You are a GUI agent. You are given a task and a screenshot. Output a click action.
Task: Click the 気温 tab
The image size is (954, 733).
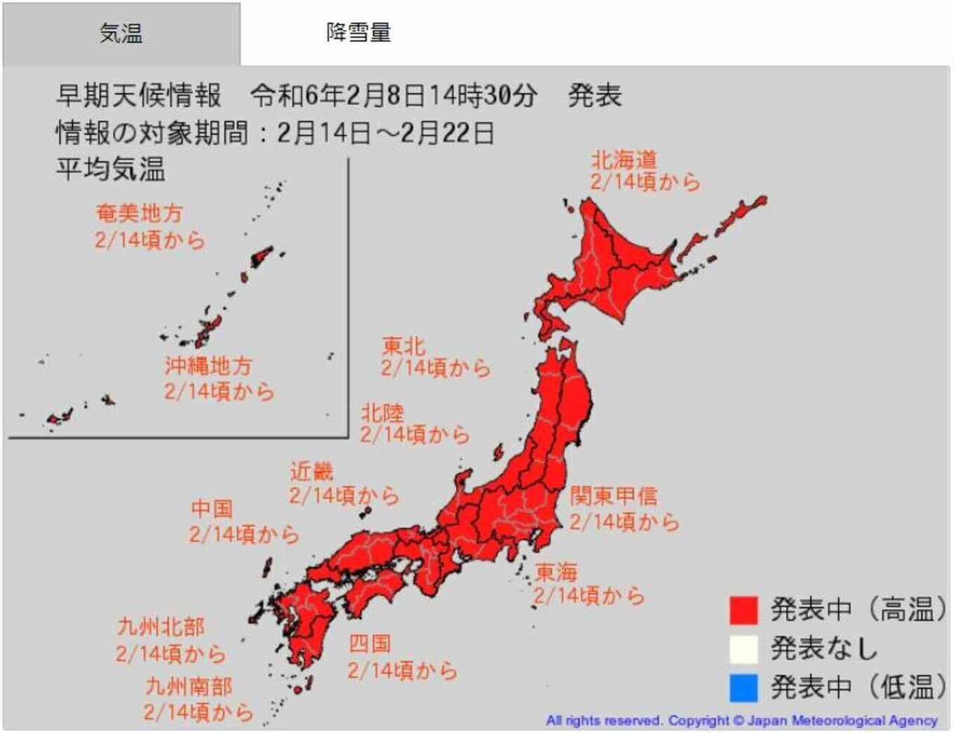pos(121,34)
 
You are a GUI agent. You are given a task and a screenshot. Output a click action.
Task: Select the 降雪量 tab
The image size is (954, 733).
pos(358,32)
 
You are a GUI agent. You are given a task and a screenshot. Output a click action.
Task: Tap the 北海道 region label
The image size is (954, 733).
pos(624,159)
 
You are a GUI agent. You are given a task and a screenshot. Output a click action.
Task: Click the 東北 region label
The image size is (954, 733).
pos(403,346)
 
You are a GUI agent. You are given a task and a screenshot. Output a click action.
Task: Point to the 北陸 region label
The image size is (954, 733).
pos(382,412)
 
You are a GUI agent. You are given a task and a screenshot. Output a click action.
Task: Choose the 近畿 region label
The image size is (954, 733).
pos(312,472)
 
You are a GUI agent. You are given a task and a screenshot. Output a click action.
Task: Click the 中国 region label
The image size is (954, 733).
pos(212,509)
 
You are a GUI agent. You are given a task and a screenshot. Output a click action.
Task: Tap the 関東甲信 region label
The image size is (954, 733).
pos(613,496)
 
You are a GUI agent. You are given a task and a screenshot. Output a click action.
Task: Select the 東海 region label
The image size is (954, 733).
pos(556,572)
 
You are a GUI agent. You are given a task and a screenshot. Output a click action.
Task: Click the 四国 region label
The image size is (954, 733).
pos(370,644)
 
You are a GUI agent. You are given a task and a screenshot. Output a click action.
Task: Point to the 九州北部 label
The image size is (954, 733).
pos(161,627)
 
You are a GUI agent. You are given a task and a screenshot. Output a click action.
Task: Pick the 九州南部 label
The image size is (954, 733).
pos(189,686)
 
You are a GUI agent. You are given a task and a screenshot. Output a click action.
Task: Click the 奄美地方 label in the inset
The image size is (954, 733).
pos(139,214)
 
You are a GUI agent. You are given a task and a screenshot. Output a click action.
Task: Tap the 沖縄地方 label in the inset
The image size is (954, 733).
pos(209,366)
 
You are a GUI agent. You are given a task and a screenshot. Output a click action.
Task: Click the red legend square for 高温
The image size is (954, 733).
pos(743,610)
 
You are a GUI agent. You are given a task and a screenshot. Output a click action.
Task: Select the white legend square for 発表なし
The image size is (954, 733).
pos(743,649)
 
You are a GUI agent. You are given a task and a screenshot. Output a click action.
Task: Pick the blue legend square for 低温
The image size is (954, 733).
pos(743,687)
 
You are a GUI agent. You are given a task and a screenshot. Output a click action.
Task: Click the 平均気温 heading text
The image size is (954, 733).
pos(110,169)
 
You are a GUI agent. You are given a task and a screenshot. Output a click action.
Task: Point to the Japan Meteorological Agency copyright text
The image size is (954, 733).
pos(741,720)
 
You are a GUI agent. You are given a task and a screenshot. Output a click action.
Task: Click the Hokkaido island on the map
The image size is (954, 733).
pos(611,261)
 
